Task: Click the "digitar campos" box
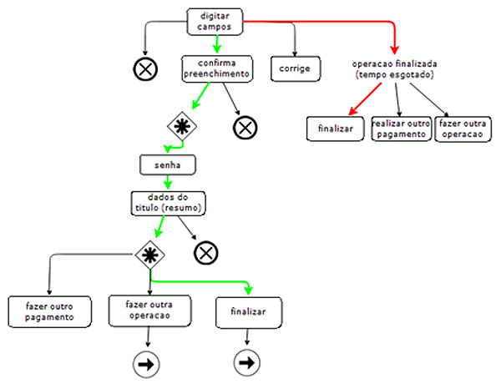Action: click(x=215, y=22)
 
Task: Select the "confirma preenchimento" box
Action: click(x=217, y=68)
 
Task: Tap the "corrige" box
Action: click(x=296, y=68)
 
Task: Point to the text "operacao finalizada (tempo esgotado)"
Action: click(x=394, y=69)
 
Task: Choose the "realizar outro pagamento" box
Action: click(x=401, y=129)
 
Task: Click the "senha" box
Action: click(x=168, y=164)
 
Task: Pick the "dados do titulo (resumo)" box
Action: click(x=168, y=203)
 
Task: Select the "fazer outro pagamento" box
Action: click(x=49, y=311)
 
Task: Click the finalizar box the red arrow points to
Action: click(x=335, y=129)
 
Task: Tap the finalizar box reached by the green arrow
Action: click(x=249, y=312)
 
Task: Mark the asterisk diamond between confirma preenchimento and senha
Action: click(x=182, y=126)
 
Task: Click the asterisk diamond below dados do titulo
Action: click(x=149, y=255)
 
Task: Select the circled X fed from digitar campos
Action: click(x=145, y=69)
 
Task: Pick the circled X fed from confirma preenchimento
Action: click(x=245, y=128)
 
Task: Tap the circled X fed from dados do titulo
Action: click(x=206, y=253)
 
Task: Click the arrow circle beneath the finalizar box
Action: click(x=247, y=363)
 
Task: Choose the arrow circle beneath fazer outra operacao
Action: click(x=146, y=365)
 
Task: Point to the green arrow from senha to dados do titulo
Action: click(x=168, y=183)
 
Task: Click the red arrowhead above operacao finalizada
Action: click(x=395, y=50)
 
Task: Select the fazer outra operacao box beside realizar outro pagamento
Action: click(x=463, y=129)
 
